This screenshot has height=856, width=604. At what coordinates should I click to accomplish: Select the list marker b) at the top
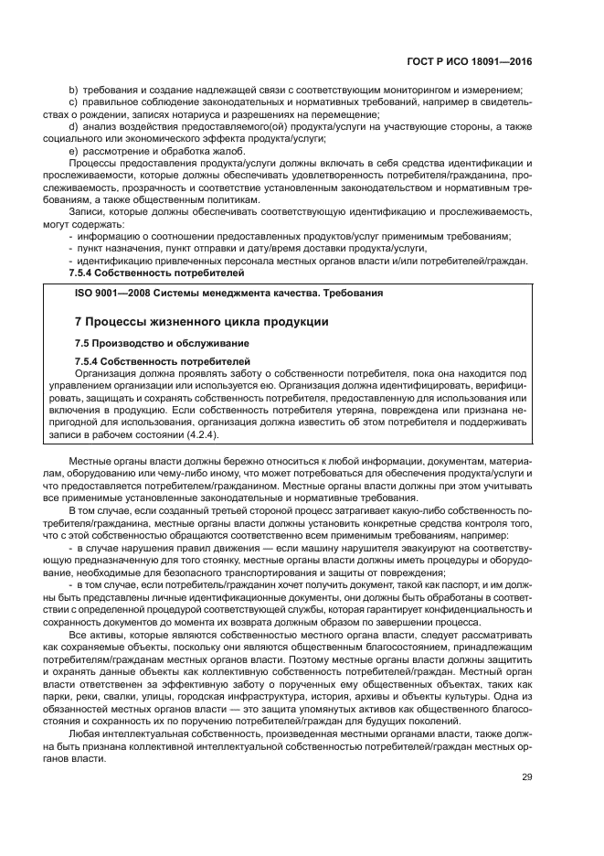coord(74,90)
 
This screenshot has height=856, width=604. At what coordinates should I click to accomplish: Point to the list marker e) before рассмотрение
coord(74,151)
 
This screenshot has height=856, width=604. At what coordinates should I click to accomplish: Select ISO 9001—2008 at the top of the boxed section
coord(108,294)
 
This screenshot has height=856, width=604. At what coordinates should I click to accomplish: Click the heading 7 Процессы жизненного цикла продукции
coord(200,323)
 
